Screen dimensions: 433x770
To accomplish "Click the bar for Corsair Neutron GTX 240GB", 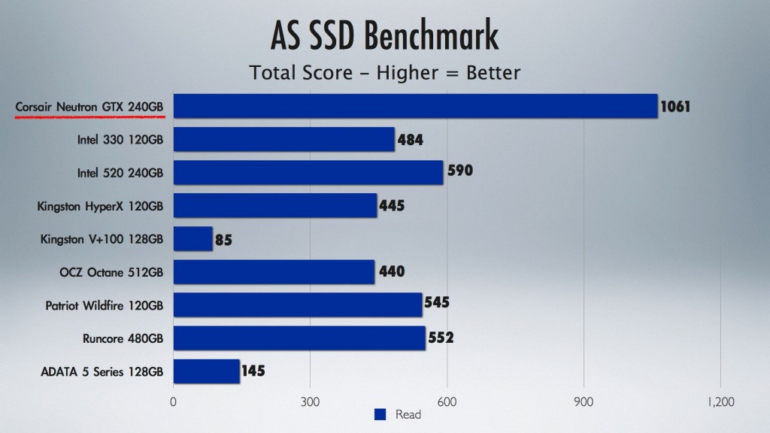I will [415, 106].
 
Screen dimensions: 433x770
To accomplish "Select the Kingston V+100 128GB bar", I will [193, 239].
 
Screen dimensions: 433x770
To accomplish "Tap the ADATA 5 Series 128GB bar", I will [207, 371].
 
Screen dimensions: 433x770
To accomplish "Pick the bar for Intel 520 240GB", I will [308, 172].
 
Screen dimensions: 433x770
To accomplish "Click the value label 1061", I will [675, 107].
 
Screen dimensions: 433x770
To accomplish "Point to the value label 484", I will [409, 140].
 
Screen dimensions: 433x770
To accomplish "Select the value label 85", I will [223, 241].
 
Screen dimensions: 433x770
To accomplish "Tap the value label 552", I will [440, 338].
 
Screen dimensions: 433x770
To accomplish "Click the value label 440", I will [390, 271].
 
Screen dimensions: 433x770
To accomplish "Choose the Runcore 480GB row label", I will [123, 338].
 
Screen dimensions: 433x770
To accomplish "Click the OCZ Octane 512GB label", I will [111, 272].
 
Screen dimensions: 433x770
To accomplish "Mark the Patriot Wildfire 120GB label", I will [105, 305].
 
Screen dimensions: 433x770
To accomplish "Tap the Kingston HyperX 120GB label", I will [100, 205].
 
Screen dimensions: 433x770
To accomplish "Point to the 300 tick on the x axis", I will [310, 401].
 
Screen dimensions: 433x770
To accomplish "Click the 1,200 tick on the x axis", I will [720, 401].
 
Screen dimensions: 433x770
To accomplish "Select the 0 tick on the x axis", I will [174, 401].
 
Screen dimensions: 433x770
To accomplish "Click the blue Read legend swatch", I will [380, 414].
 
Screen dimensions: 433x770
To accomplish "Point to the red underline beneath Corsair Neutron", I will [89, 118].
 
